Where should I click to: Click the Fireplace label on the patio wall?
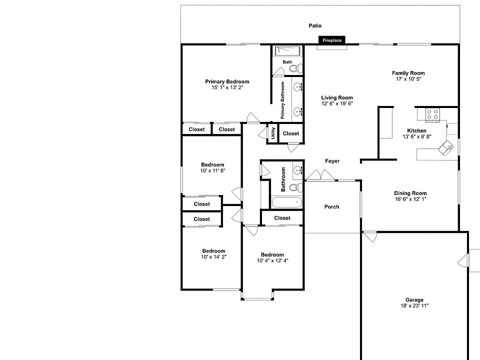(332, 40)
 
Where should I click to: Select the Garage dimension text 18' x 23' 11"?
(414, 306)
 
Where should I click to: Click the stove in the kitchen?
(432, 114)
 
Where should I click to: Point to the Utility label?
(273, 133)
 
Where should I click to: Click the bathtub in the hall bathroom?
(287, 202)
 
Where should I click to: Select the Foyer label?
(332, 161)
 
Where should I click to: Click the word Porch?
(331, 206)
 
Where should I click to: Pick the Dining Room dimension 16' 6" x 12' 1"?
(410, 199)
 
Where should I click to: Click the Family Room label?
(408, 73)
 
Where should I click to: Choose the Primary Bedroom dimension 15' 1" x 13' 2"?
(227, 87)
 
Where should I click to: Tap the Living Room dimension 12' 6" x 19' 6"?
(337, 104)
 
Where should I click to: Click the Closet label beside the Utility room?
(290, 133)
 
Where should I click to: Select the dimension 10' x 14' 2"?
(213, 257)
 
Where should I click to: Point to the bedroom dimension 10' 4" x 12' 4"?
(272, 260)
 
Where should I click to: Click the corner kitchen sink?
(444, 148)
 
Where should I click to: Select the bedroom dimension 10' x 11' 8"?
(212, 170)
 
